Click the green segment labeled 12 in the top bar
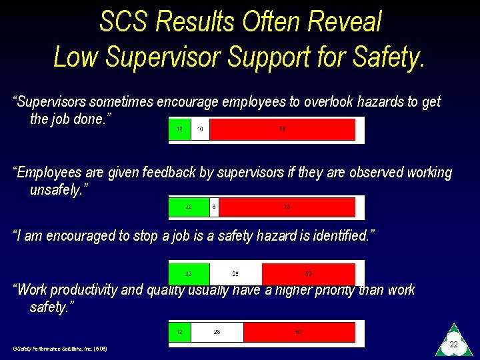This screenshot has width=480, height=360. click(179, 129)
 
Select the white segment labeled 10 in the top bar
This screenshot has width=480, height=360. click(200, 129)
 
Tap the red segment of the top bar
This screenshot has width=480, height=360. click(282, 129)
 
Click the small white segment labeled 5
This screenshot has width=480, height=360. click(214, 207)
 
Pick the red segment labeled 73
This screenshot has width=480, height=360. click(287, 207)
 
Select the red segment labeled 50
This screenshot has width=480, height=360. click(308, 274)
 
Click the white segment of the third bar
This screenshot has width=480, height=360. click(235, 274)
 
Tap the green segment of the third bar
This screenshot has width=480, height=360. click(189, 274)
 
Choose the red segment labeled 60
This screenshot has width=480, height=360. click(299, 332)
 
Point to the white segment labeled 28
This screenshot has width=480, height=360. click(217, 332)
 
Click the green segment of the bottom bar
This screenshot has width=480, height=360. click(179, 332)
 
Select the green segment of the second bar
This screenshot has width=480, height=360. click(189, 207)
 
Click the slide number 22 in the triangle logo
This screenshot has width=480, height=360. click(453, 344)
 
